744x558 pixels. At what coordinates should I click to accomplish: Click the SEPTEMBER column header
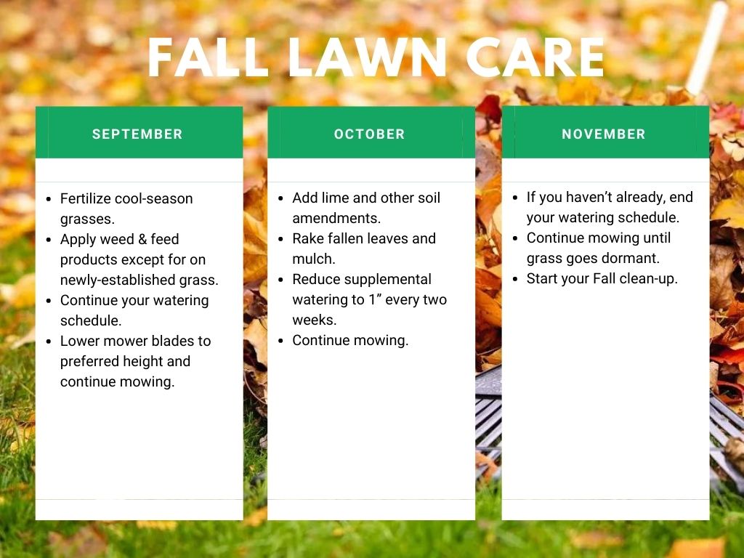(137, 134)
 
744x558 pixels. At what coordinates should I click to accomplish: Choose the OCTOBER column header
(370, 134)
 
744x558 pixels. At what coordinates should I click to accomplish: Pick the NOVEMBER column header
(604, 134)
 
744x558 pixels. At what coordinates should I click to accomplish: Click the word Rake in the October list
(309, 238)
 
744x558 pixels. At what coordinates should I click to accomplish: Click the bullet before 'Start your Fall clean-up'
(515, 278)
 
